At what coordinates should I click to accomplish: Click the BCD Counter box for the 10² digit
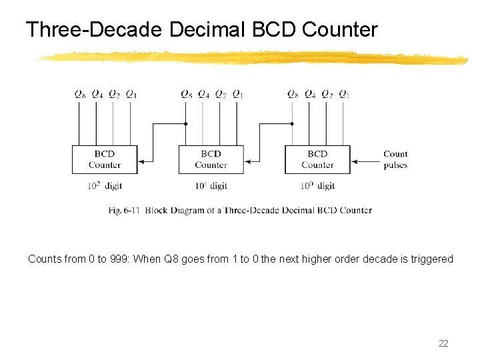point(104,160)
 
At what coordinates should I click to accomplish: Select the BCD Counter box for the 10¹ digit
point(211,160)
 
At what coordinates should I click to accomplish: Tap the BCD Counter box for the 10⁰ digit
point(317,160)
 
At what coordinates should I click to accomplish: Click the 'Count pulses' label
point(395,159)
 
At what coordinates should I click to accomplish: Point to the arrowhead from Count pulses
point(355,161)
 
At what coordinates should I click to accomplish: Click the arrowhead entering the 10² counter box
point(141,161)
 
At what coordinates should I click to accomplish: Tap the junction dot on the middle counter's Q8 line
point(185,123)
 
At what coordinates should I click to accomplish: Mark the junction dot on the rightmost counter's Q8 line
point(292,123)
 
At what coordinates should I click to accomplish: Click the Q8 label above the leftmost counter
point(79,94)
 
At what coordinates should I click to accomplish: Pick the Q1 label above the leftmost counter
point(131,94)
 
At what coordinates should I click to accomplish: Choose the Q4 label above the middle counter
point(203,94)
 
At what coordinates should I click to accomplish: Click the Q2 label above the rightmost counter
point(327,94)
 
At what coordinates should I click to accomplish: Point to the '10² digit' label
point(104,186)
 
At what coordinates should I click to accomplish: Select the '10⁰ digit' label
point(317,186)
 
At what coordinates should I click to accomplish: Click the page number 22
point(443,343)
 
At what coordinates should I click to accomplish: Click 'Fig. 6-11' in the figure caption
point(124,210)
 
